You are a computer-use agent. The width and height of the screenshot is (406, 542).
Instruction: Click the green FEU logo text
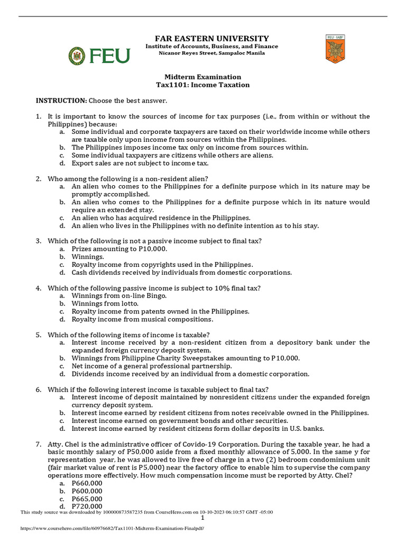pyautogui.click(x=109, y=56)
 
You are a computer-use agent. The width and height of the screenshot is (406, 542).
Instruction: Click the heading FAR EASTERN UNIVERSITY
pyautogui.click(x=211, y=39)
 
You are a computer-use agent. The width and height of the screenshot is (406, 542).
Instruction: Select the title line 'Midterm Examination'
pyautogui.click(x=203, y=77)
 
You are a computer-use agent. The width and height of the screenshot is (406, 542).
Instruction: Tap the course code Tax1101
pyautogui.click(x=173, y=85)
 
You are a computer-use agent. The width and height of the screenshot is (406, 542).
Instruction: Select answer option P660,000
pyautogui.click(x=87, y=483)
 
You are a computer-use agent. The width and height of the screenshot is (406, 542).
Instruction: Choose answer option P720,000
pyautogui.click(x=87, y=507)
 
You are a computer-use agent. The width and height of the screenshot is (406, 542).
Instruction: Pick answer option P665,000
pyautogui.click(x=87, y=499)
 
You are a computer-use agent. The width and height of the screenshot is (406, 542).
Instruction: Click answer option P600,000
pyautogui.click(x=87, y=491)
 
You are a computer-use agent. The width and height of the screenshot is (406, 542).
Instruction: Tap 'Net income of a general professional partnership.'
pyautogui.click(x=152, y=366)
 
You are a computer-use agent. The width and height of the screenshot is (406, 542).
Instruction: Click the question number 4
pyautogui.click(x=38, y=288)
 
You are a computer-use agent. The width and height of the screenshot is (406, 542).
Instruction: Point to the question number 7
pyautogui.click(x=38, y=444)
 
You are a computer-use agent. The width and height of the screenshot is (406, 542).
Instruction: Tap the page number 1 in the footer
pyautogui.click(x=203, y=518)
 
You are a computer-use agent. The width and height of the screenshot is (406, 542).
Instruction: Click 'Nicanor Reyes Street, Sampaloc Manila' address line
pyautogui.click(x=211, y=54)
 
